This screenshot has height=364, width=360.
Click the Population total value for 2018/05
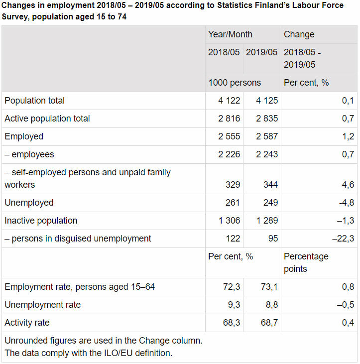229,101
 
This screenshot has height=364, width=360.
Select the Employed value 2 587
267,136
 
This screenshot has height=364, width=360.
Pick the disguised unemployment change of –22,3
343,239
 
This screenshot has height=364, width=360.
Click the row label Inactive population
41,221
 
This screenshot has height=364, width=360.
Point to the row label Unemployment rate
42,305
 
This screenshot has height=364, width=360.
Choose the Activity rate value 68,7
269,323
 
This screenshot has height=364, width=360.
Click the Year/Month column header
230,34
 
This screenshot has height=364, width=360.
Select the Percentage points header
306,262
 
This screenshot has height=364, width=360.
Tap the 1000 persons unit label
234,83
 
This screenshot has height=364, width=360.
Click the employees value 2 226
229,154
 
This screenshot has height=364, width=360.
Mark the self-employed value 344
271,185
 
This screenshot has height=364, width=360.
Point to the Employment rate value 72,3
231,287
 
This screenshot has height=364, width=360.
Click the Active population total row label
47,119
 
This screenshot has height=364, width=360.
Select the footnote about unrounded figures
103,341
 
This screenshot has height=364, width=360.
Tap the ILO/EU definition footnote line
88,353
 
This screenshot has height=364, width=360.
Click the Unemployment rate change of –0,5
345,305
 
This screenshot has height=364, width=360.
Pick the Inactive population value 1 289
267,221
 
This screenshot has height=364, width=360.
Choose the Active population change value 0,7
348,119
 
